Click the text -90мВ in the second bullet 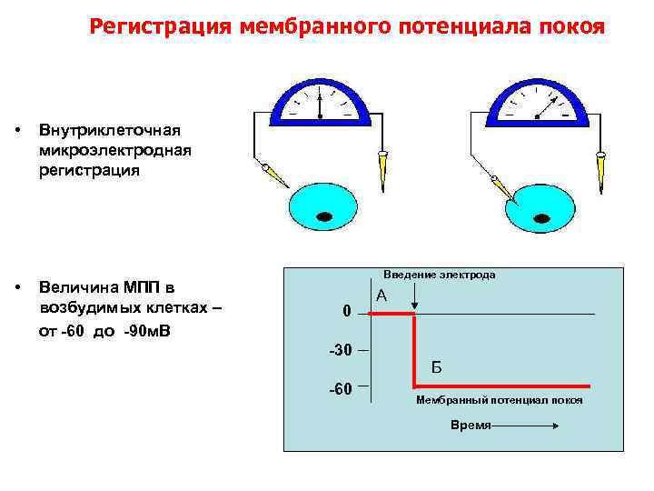(x=150, y=330)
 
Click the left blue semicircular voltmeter (x=321, y=103)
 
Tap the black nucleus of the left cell (x=324, y=215)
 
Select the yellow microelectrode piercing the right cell (x=502, y=187)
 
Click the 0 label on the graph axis (x=346, y=312)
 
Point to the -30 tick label (x=339, y=350)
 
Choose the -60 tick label (x=339, y=389)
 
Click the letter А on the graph (x=381, y=296)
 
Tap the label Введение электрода (x=440, y=275)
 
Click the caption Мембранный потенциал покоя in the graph (x=500, y=400)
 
